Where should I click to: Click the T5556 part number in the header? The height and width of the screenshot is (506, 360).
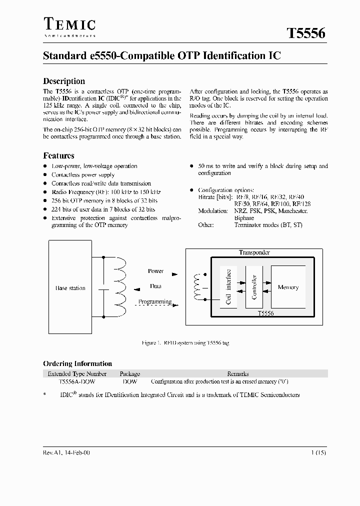coord(306,33)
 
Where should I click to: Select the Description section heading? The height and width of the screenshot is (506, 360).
coord(64,81)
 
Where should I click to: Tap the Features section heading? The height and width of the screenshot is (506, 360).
coord(58,155)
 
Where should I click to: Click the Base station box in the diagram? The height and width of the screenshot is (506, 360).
coord(70,288)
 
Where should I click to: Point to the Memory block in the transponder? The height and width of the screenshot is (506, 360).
coord(288,287)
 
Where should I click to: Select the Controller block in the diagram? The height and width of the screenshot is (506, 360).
coord(254,287)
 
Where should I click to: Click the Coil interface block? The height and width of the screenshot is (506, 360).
coord(228,287)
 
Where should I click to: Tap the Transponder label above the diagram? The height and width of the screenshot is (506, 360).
coord(254,252)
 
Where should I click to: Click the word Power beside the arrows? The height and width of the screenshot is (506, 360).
coord(155,271)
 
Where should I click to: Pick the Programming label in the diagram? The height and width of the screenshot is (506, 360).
coord(155,301)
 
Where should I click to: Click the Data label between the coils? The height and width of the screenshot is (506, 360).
coord(155,286)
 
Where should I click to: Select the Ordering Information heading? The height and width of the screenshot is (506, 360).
coord(77,363)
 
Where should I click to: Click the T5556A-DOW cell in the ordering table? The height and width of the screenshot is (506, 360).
coord(77,381)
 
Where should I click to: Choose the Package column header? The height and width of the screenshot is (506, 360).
coord(130,373)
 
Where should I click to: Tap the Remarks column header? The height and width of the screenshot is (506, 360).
coord(238,373)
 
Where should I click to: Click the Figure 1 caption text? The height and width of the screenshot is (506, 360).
coord(185,343)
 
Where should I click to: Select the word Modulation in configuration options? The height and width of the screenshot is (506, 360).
coord(213,211)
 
